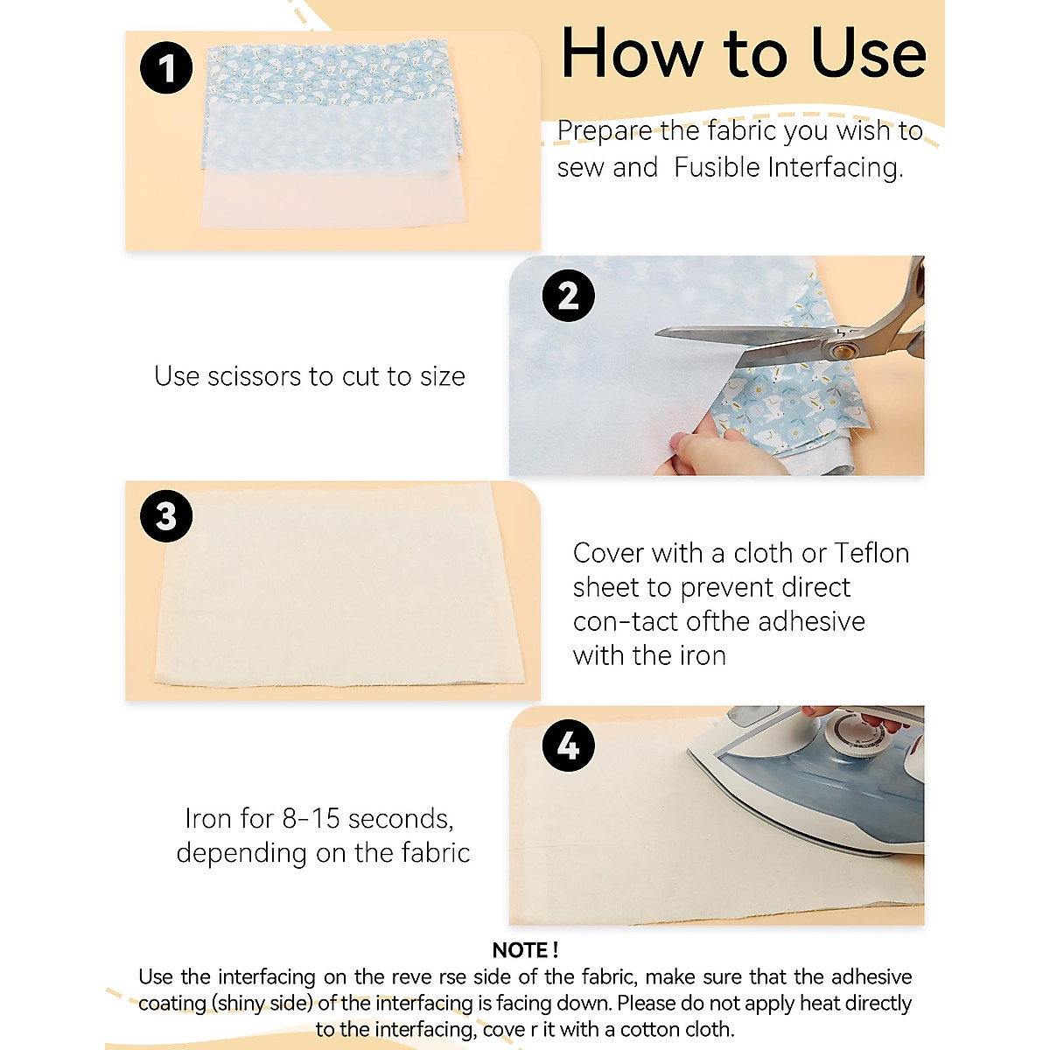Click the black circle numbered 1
click(166, 67)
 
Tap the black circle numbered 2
click(569, 296)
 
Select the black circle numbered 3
click(166, 515)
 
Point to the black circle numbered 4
click(569, 745)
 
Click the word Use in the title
click(869, 54)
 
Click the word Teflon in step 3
click(871, 553)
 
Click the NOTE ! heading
click(525, 949)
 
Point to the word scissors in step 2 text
click(254, 376)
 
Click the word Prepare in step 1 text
click(605, 132)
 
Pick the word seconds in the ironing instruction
click(401, 819)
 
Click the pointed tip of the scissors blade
click(656, 333)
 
